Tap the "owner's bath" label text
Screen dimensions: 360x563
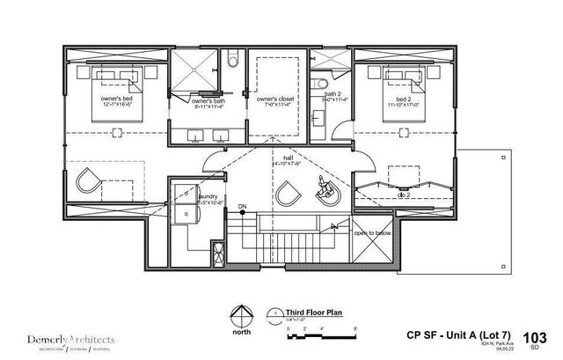point(208,99)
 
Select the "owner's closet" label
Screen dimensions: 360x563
point(276,99)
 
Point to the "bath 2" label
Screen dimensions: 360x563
point(333,93)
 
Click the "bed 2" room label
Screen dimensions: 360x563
point(404,99)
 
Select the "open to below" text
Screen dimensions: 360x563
point(372,233)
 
